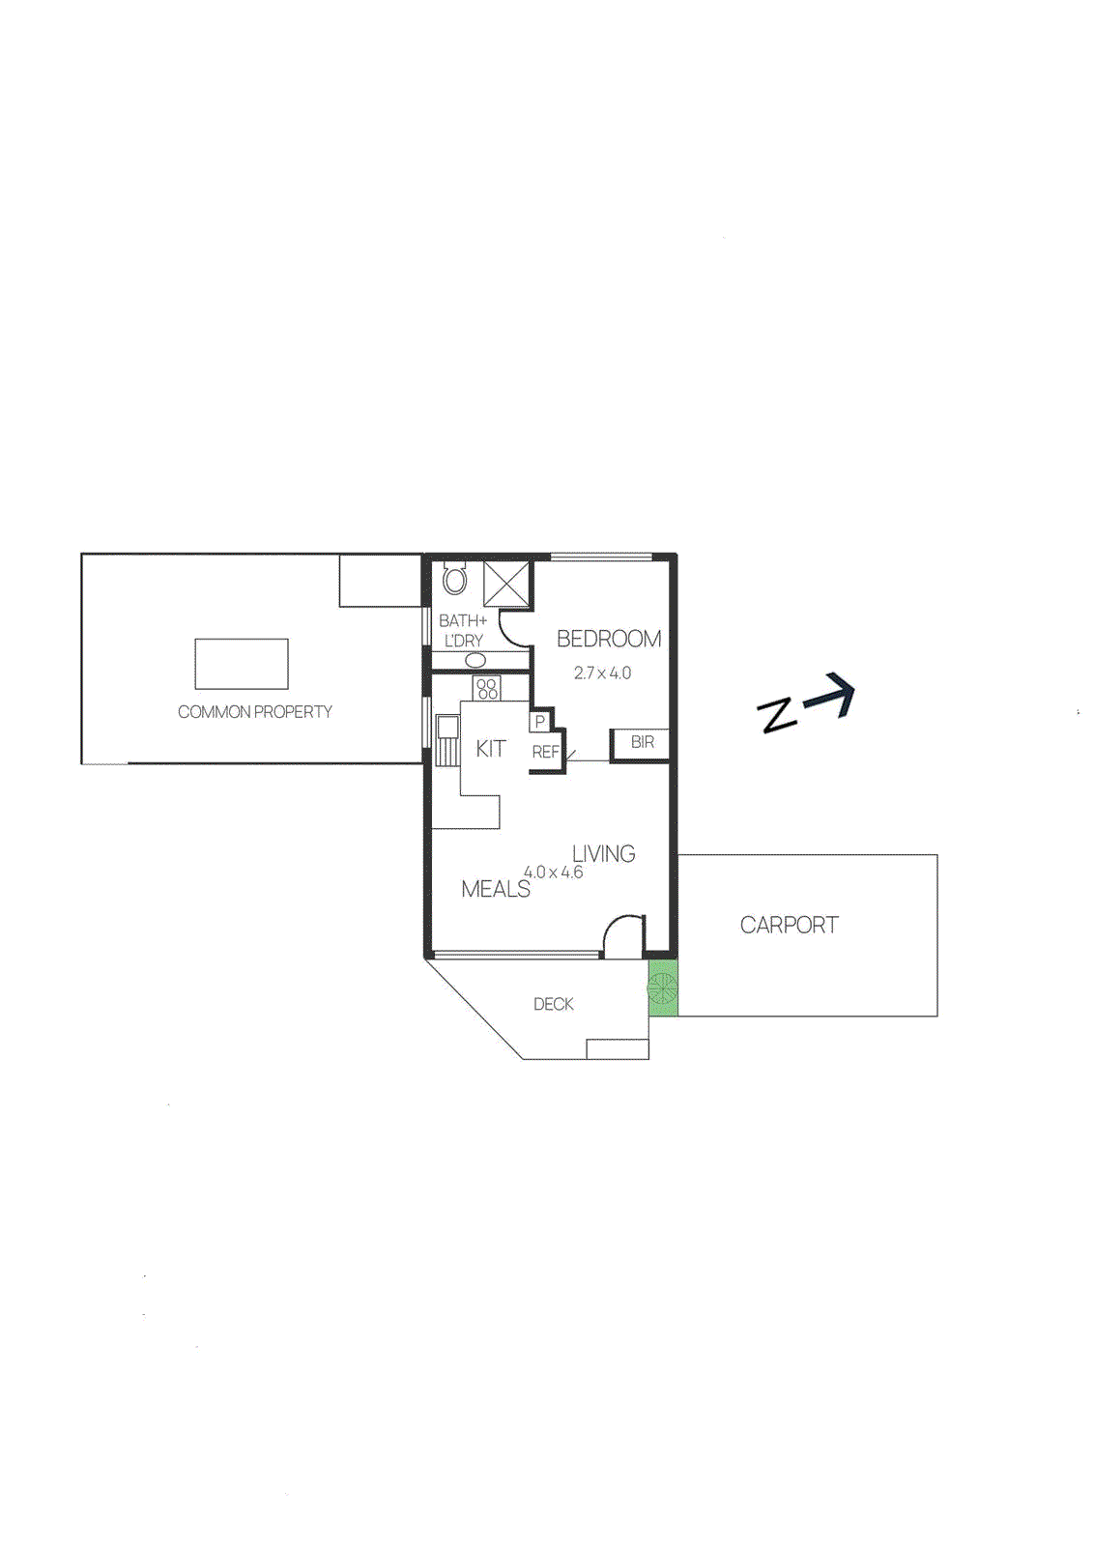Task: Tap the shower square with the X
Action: coord(506,584)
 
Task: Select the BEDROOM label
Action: coord(608,639)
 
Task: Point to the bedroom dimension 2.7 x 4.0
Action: coord(602,673)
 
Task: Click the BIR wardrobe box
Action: coord(641,742)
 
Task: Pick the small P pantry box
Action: coord(539,722)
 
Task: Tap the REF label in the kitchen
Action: coord(545,752)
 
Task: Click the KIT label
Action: coord(490,749)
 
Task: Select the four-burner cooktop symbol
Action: coord(487,689)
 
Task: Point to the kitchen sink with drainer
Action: coord(446,739)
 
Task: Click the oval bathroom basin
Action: coord(475,660)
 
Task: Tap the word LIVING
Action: coord(603,854)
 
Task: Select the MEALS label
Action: coord(495,889)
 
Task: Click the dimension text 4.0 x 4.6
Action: coord(553,873)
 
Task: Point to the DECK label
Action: coord(553,1005)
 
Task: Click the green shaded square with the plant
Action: coord(662,988)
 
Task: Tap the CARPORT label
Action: coord(789,925)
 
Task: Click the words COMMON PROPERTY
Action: coord(254,712)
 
